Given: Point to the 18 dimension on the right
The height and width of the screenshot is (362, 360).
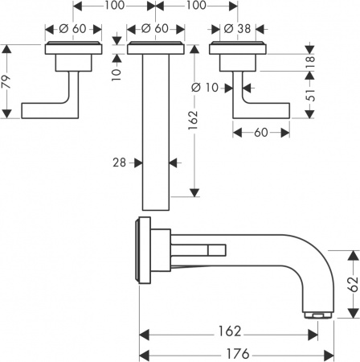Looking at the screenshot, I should pos(310,62).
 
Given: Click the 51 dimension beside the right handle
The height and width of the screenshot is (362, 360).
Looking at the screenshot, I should pos(310,98).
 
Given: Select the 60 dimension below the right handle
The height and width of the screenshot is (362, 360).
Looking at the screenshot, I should pos(261,131).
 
